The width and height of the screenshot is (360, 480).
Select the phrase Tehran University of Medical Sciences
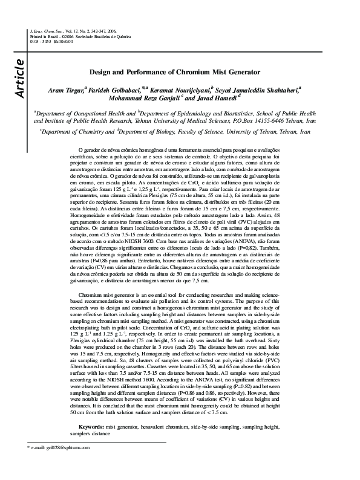(x=179, y=120)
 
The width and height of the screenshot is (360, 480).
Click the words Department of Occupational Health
(x=67, y=112)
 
